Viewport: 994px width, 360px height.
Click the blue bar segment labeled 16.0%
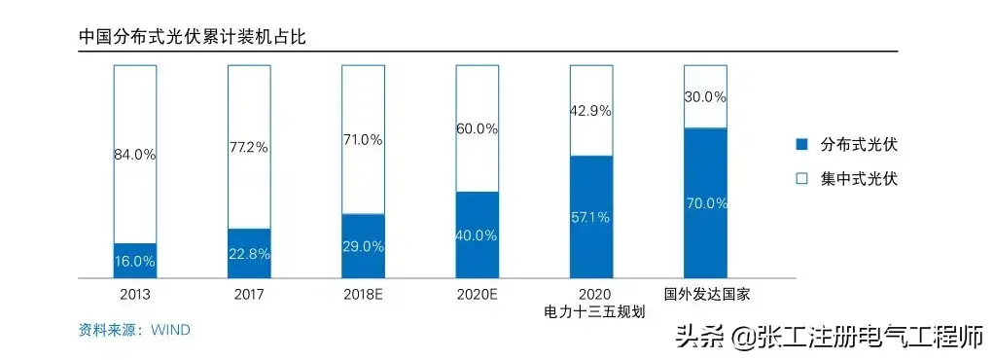(x=135, y=261)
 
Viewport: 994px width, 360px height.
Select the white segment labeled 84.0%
(x=135, y=154)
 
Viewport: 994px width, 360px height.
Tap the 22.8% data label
(x=249, y=254)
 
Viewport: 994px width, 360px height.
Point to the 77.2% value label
(x=249, y=148)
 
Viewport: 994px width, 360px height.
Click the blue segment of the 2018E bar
(x=363, y=246)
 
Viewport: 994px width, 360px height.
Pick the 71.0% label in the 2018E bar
(x=363, y=140)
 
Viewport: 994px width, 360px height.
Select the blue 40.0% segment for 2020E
(x=478, y=234)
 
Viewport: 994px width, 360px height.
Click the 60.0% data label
(x=478, y=129)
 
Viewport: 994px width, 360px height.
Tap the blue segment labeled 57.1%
(x=591, y=217)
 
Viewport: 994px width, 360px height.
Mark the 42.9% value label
(x=591, y=111)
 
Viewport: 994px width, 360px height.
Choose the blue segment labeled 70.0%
(x=705, y=202)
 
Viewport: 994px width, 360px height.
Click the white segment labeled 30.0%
(x=705, y=96)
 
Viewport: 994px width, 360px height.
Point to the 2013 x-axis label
(x=135, y=295)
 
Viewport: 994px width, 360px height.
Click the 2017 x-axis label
(x=249, y=295)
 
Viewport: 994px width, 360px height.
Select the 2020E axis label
(x=478, y=295)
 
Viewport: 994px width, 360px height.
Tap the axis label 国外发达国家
(x=705, y=295)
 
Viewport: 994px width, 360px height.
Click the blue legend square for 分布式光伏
(x=802, y=145)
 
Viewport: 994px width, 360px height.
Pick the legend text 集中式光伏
(x=860, y=179)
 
